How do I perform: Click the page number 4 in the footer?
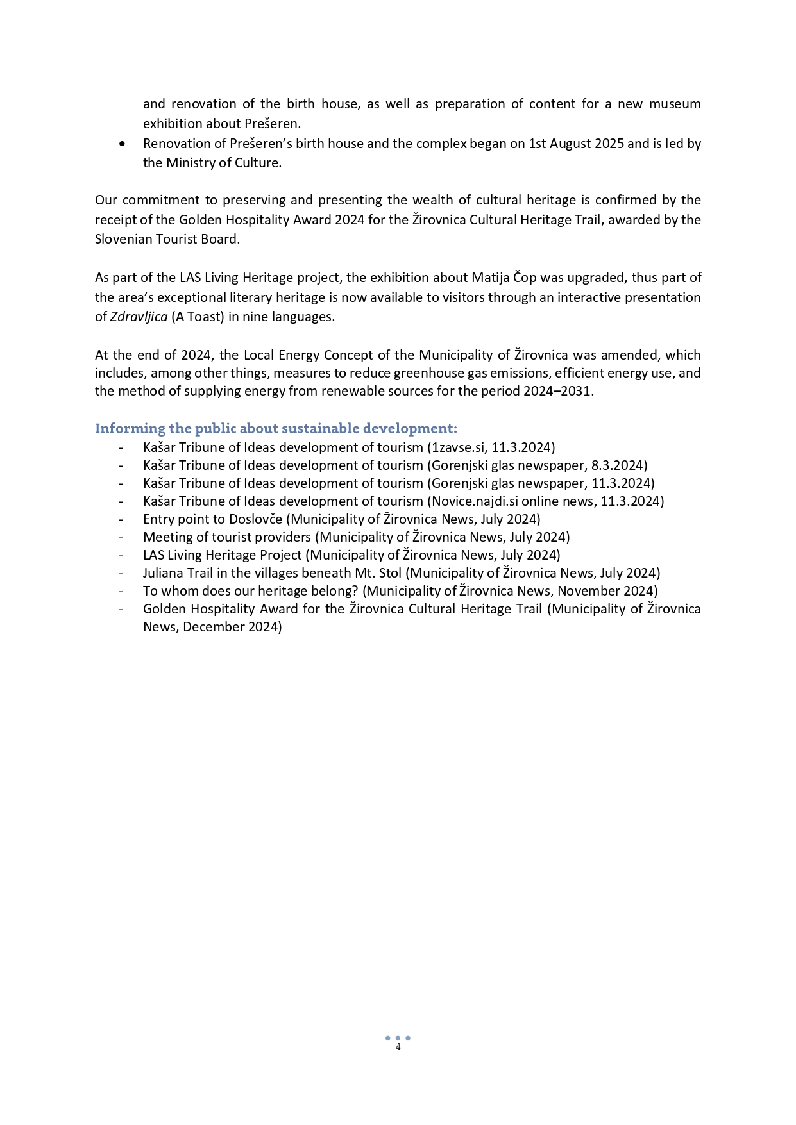(x=398, y=1047)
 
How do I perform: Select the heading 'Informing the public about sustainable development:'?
(x=276, y=428)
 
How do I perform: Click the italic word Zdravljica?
(x=139, y=317)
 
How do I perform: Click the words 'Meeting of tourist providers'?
(x=226, y=537)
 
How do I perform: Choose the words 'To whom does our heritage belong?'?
(x=250, y=591)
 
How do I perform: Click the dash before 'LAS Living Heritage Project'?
(x=121, y=555)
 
